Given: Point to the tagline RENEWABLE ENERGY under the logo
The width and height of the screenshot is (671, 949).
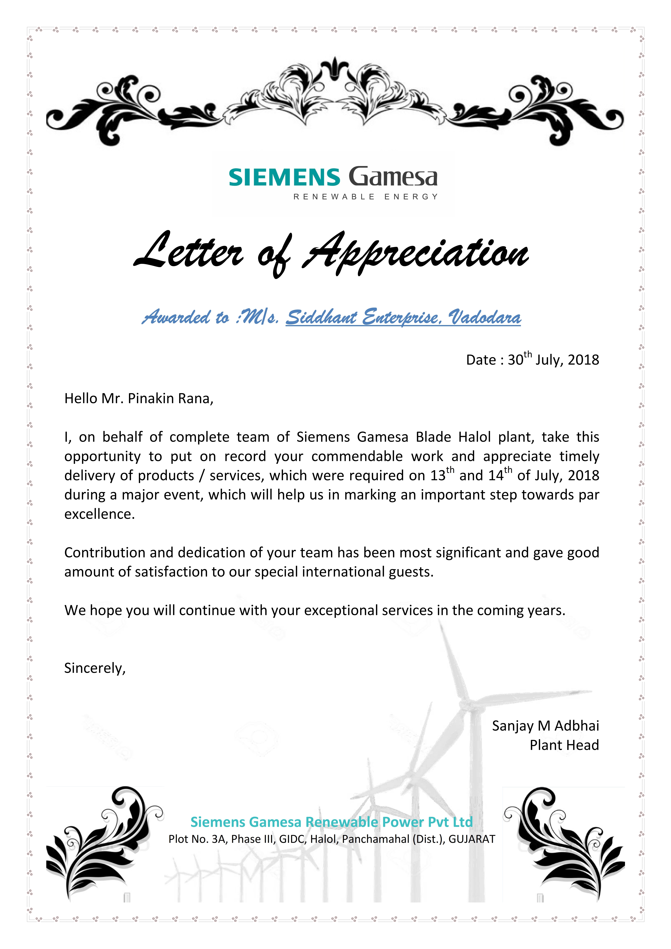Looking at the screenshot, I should click(365, 197).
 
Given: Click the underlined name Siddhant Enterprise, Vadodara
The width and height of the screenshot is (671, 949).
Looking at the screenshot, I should click(403, 317).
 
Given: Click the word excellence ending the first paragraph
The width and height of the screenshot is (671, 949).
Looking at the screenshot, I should click(99, 514).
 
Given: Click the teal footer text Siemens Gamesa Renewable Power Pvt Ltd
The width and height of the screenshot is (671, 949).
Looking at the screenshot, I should click(331, 822).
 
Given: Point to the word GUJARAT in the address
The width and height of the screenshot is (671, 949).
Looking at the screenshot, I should click(472, 839).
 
